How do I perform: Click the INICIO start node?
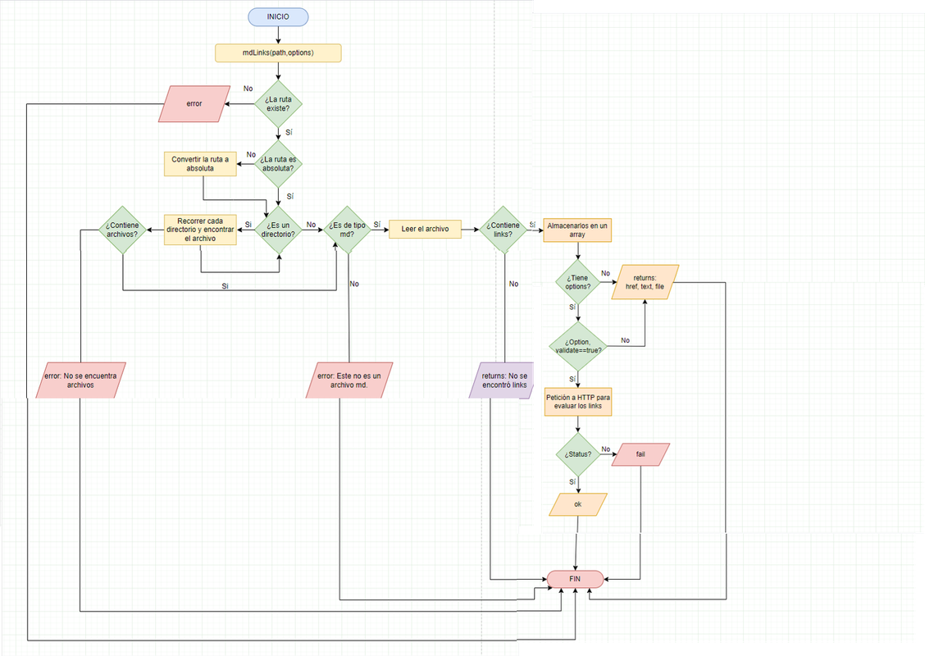(x=278, y=17)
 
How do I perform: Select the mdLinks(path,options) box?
(x=278, y=53)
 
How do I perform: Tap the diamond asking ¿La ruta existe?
(x=278, y=103)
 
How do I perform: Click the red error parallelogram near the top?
(x=194, y=104)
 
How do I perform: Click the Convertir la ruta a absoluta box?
(x=200, y=163)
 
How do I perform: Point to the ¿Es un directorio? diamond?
(x=279, y=230)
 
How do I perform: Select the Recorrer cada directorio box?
(x=200, y=229)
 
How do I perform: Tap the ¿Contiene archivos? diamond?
(x=122, y=229)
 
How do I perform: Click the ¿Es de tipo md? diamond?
(x=347, y=230)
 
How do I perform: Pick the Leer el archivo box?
(x=425, y=229)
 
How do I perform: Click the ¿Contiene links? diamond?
(x=504, y=230)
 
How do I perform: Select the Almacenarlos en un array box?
(x=577, y=230)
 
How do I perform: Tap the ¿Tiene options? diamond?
(x=577, y=282)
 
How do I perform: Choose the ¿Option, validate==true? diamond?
(x=577, y=345)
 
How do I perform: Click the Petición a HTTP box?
(x=577, y=402)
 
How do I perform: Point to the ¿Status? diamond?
(x=577, y=453)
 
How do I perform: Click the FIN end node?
(x=575, y=578)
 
